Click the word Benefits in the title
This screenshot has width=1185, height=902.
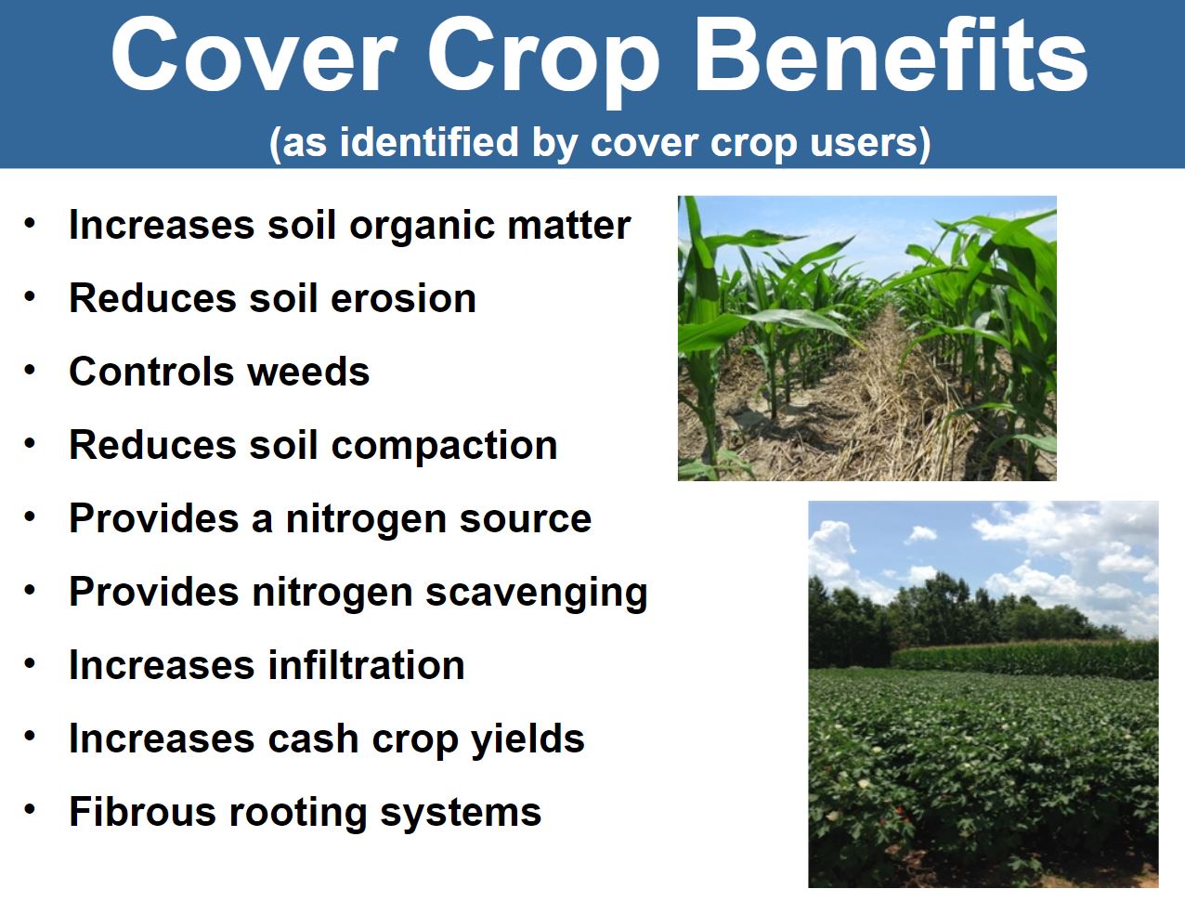tap(891, 56)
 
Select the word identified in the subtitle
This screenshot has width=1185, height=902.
tap(429, 141)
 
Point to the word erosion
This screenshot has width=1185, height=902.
tap(403, 298)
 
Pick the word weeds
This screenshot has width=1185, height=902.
tap(309, 372)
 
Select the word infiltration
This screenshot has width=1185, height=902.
tap(367, 665)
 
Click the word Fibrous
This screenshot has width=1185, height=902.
tap(143, 813)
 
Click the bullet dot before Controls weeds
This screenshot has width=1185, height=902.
tap(31, 371)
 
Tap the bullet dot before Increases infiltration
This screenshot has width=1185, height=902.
tap(31, 664)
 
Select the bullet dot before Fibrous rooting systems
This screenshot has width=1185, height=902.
tap(31, 810)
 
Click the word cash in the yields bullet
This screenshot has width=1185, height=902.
tap(313, 739)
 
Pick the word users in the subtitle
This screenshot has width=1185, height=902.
tap(870, 142)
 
